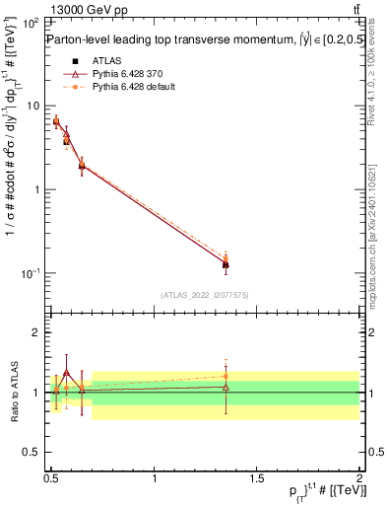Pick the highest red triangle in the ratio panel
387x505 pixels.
(x=66, y=373)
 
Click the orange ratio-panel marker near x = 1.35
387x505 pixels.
(x=226, y=376)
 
